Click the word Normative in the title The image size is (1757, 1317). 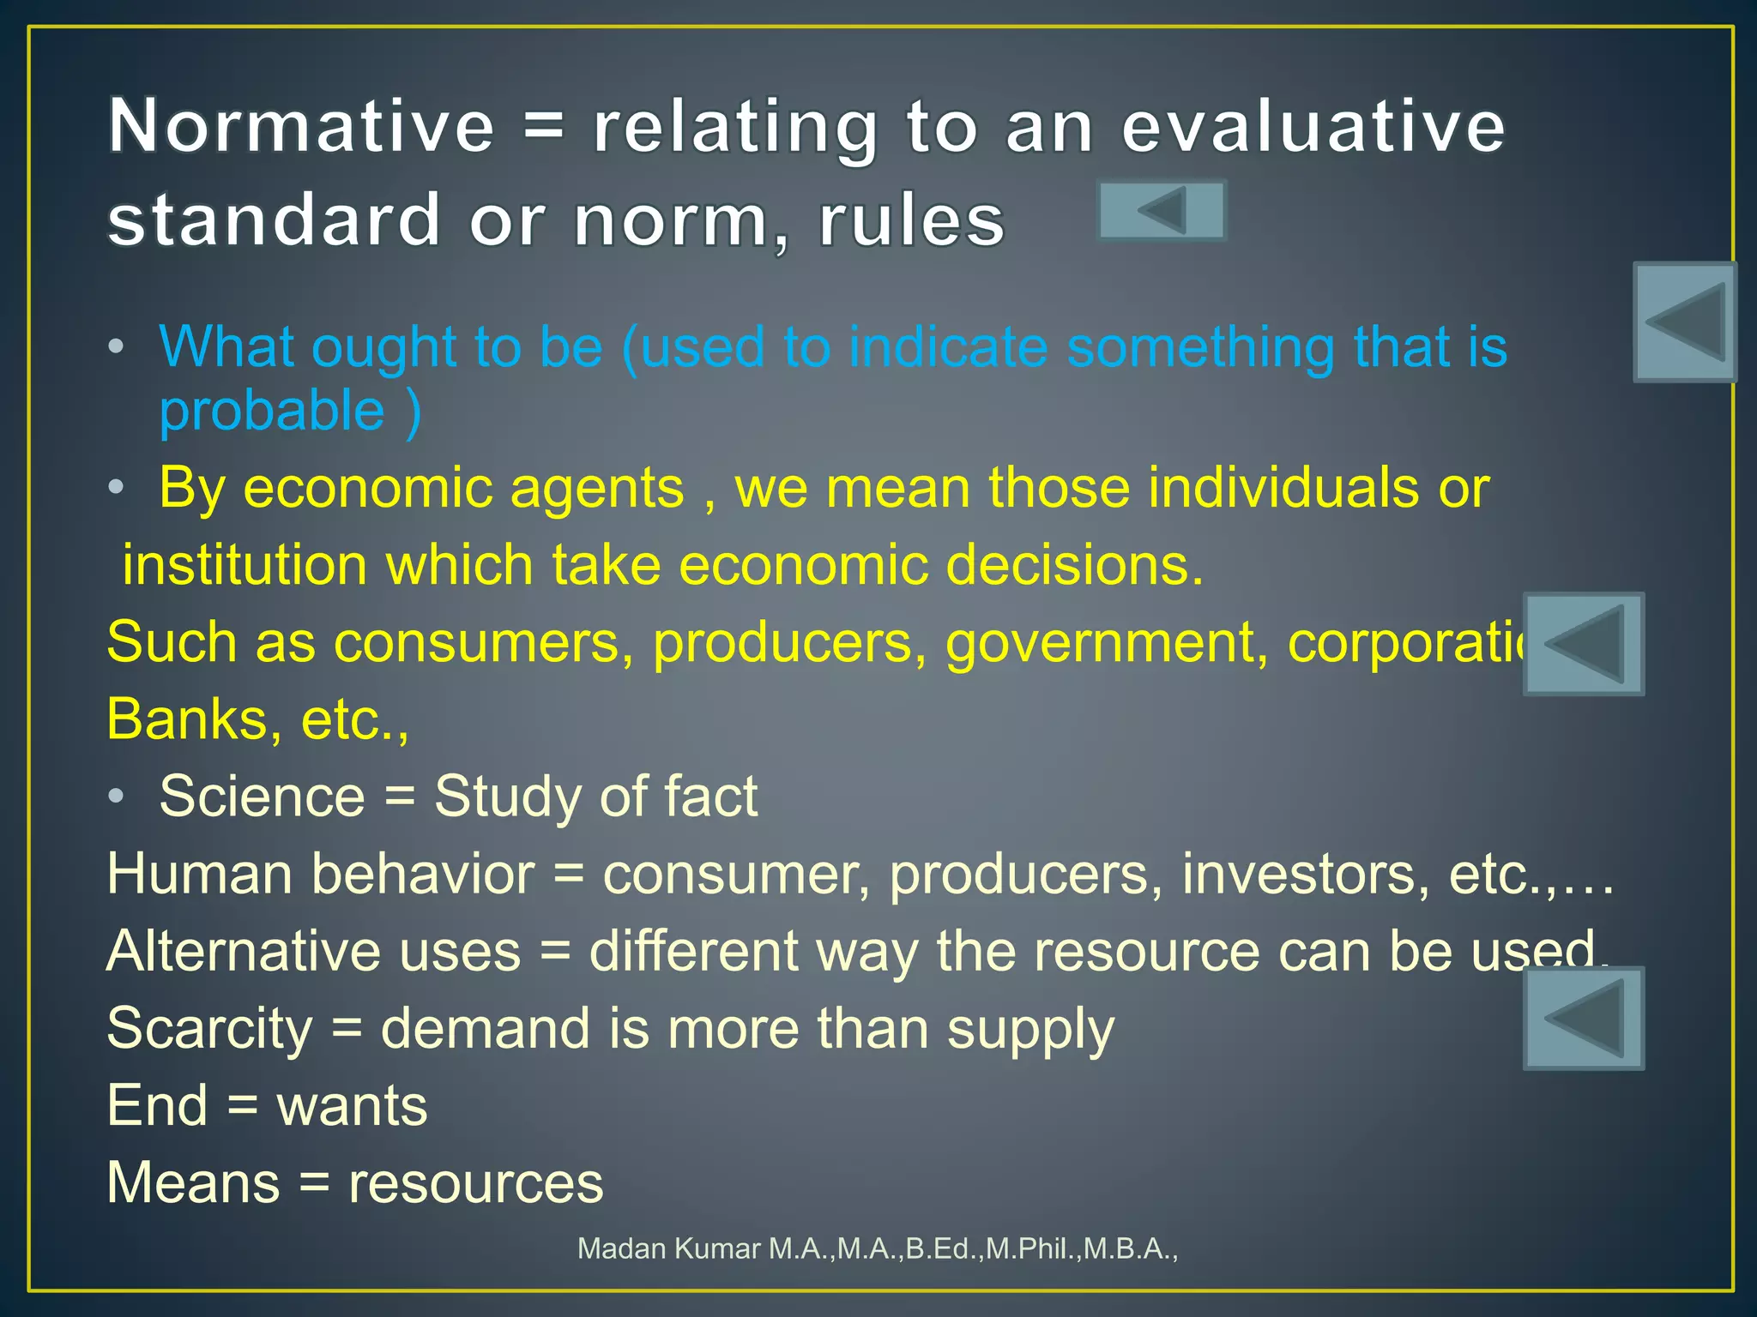click(301, 126)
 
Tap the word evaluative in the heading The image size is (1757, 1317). click(1313, 126)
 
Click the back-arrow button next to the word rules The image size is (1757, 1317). click(1162, 210)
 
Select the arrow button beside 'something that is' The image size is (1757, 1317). click(1684, 322)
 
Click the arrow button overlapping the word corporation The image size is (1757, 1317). click(1584, 644)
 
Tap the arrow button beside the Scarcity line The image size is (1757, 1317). click(1584, 1018)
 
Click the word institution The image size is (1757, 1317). click(245, 565)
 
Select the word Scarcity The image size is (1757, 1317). click(209, 1028)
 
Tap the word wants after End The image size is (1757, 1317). click(352, 1105)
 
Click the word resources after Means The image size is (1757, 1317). click(475, 1182)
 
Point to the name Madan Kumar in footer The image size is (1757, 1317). click(669, 1248)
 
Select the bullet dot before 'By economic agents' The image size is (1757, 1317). click(117, 487)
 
